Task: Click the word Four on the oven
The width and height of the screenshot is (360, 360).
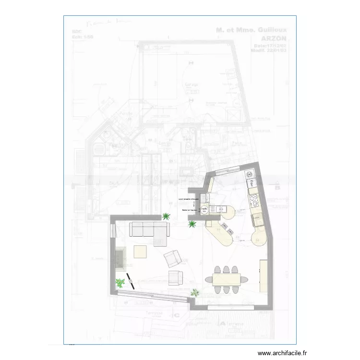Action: [251, 183]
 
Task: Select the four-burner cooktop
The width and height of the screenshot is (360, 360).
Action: [253, 199]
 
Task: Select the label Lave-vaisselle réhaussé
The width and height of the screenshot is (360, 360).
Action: [188, 199]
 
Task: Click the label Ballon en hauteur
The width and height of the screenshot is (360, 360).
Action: [190, 210]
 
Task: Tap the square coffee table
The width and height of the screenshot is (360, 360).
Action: [140, 252]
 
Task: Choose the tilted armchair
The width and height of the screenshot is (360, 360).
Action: [172, 259]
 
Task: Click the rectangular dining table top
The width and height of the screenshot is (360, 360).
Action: [226, 279]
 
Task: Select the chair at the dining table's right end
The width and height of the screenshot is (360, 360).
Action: [244, 279]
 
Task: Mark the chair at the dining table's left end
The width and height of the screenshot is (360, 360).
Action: [209, 279]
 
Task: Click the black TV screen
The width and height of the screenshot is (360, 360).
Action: [130, 280]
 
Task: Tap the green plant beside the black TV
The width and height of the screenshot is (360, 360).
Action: [120, 283]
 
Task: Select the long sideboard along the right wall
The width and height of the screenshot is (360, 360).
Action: [264, 276]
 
